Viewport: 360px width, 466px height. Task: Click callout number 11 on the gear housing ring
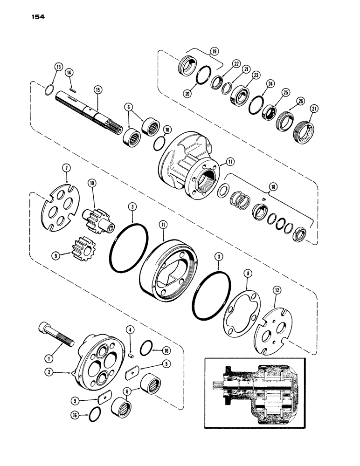coord(163,225)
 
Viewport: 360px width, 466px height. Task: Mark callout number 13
coord(58,67)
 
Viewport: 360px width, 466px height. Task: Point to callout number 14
coord(69,72)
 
